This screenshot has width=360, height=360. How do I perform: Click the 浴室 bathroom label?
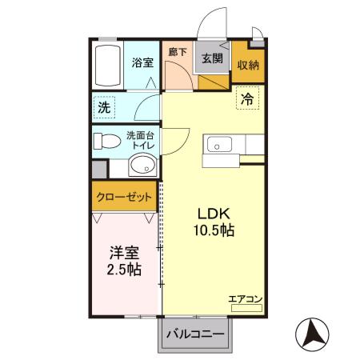coord(142,62)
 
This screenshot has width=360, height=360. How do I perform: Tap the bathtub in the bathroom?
coord(106,66)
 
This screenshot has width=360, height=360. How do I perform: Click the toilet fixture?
coord(104,142)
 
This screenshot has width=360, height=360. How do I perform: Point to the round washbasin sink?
coord(142,166)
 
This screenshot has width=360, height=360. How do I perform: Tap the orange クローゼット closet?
coord(123,197)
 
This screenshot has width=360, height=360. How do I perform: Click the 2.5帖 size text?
coord(124,270)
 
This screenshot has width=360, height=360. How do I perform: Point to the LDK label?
coord(214,214)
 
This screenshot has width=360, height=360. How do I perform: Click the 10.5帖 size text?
coord(214,230)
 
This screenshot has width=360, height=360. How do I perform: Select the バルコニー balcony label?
coord(194,334)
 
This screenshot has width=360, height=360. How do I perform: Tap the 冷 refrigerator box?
coord(249,101)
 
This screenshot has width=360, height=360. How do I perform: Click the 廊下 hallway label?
coord(178,53)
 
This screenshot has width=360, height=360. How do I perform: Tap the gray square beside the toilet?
coord(98,170)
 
